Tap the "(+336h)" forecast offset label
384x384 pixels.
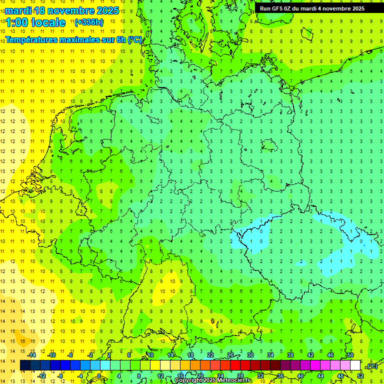[x=89, y=22]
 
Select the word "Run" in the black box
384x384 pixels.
[x=265, y=8]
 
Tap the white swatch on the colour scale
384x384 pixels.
[x=355, y=365]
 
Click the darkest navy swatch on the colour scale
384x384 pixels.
[x=24, y=365]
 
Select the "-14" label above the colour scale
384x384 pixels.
[x=31, y=355]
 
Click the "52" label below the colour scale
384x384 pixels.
[x=360, y=375]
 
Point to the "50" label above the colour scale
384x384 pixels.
[x=350, y=355]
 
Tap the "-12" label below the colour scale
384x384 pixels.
[x=42, y=375]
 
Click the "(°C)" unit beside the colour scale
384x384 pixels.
[x=371, y=366]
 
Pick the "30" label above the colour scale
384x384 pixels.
[x=250, y=355]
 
